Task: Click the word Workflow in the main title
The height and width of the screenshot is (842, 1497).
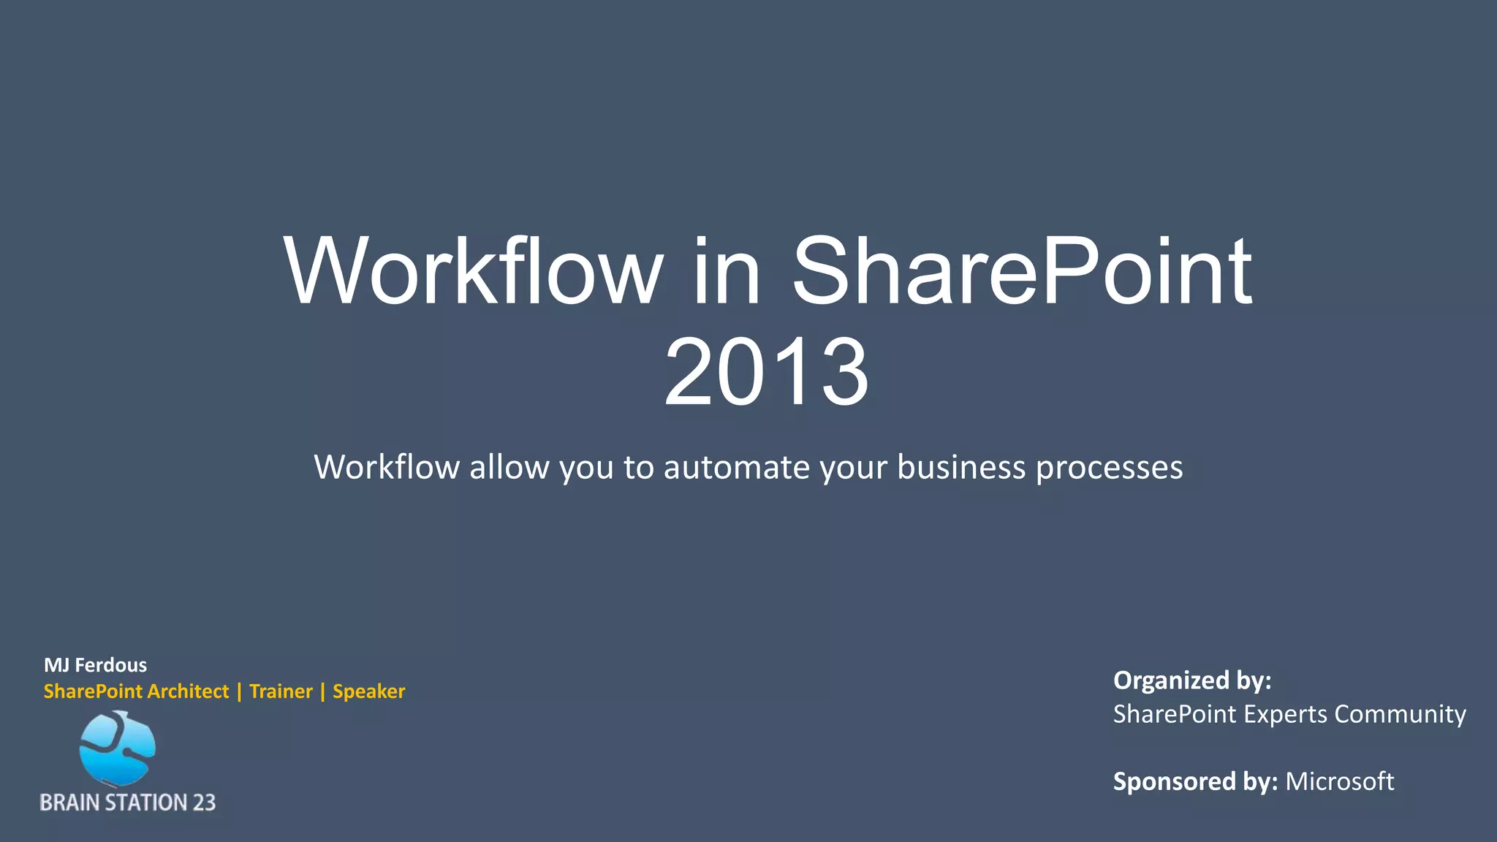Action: (474, 271)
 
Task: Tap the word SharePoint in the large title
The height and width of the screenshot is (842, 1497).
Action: (1021, 271)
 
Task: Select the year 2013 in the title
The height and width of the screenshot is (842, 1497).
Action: (766, 372)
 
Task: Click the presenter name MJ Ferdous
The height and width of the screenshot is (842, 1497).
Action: (95, 665)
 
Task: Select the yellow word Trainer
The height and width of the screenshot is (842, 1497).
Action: (281, 691)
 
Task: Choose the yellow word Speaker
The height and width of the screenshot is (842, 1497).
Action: (368, 691)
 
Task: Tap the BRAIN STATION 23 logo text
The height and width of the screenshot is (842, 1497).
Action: (127, 803)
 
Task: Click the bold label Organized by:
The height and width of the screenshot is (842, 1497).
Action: (1191, 680)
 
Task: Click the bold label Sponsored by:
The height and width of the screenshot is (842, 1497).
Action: (1194, 781)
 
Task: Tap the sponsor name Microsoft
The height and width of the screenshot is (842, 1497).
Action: (1339, 781)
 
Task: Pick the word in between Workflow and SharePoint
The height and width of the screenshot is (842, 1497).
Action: (726, 271)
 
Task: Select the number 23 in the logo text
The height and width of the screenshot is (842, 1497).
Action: (204, 803)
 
